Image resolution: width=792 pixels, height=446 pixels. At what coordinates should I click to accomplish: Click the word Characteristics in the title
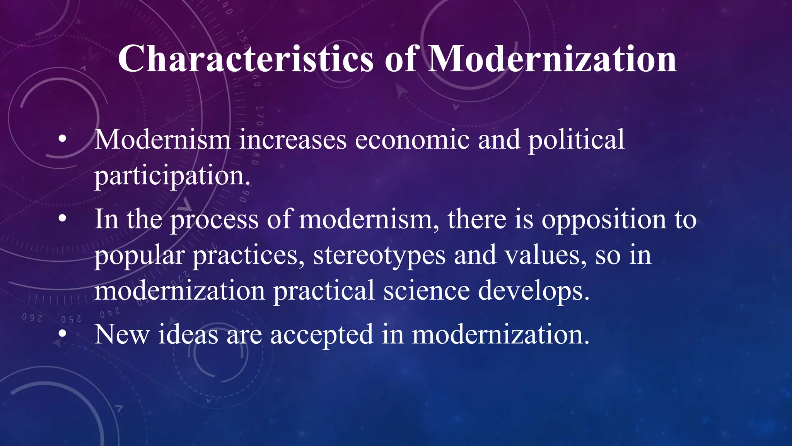point(246,59)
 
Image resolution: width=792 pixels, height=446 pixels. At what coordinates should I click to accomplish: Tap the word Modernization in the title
point(553,59)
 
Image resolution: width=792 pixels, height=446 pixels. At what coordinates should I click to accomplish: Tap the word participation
point(172,176)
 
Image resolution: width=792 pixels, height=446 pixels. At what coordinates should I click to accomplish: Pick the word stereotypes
point(379,256)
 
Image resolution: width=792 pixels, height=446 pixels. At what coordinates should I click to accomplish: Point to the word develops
point(534,291)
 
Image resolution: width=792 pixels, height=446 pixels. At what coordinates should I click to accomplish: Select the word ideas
point(188,334)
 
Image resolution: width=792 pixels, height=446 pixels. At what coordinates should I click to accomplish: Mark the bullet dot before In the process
point(62,220)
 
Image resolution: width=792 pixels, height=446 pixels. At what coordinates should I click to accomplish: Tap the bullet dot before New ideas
point(62,334)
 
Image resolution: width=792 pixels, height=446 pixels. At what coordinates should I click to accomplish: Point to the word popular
point(139,256)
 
